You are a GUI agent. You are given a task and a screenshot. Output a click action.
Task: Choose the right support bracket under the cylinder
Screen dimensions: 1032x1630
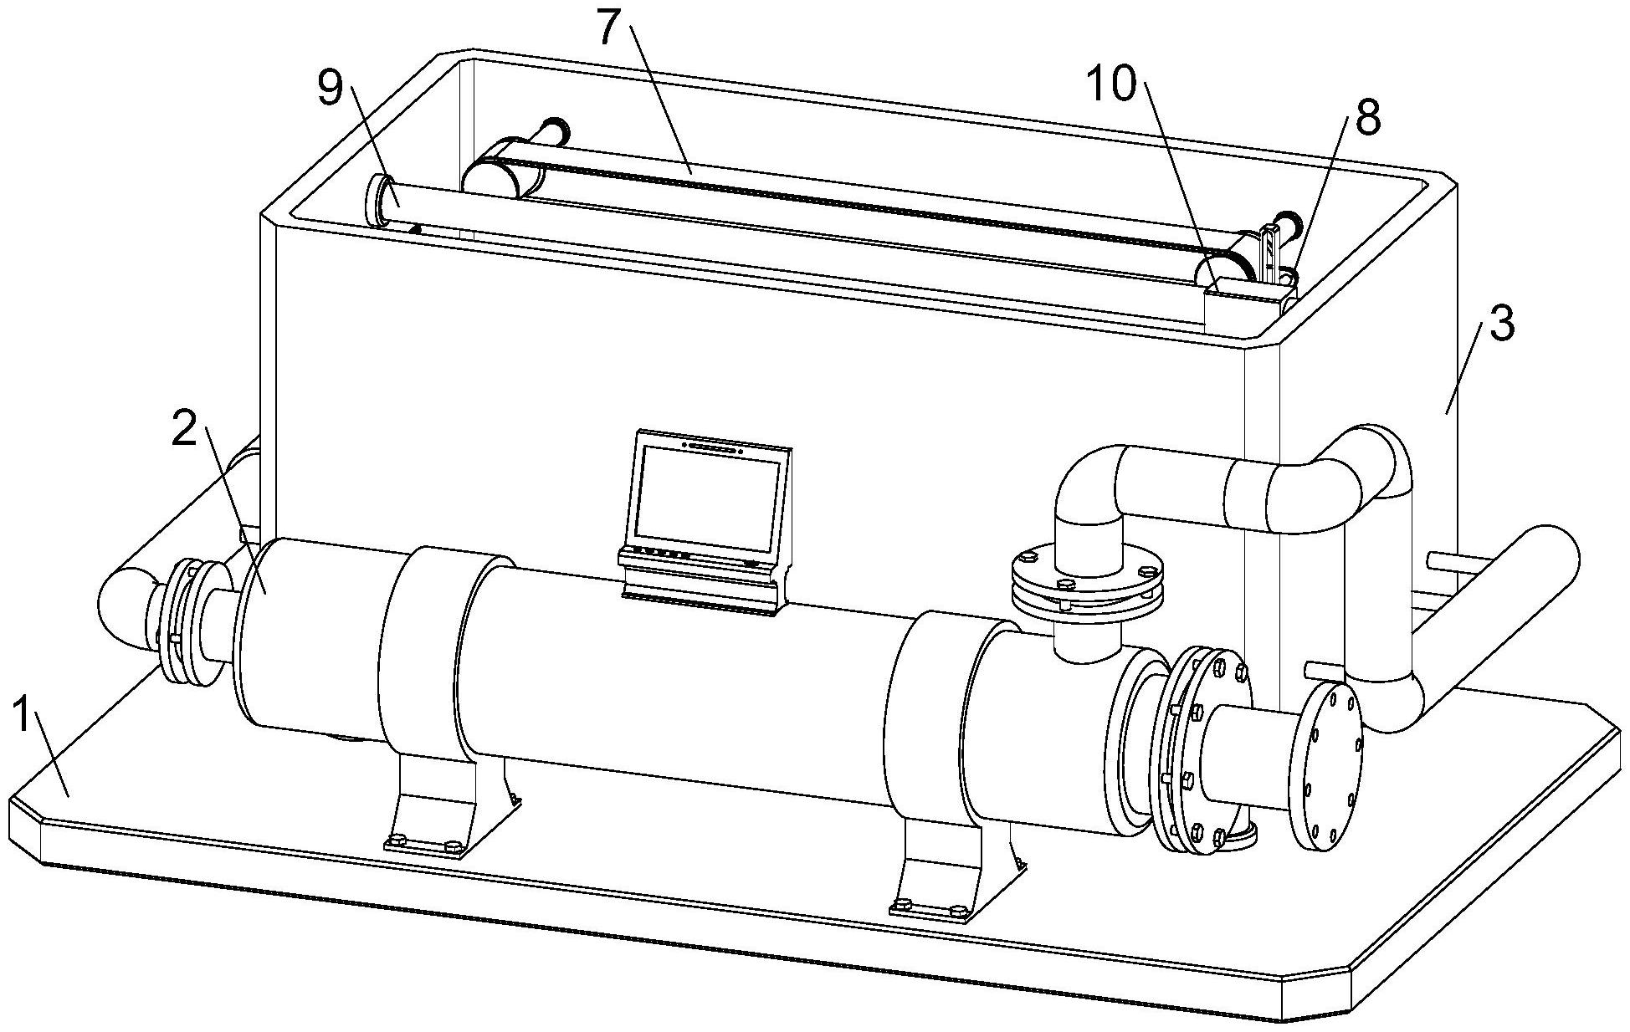pos(946,870)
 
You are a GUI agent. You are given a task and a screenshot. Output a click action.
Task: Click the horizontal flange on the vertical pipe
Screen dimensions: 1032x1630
pos(1086,583)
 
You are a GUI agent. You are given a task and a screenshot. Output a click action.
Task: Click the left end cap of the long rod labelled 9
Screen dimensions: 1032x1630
pos(374,199)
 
